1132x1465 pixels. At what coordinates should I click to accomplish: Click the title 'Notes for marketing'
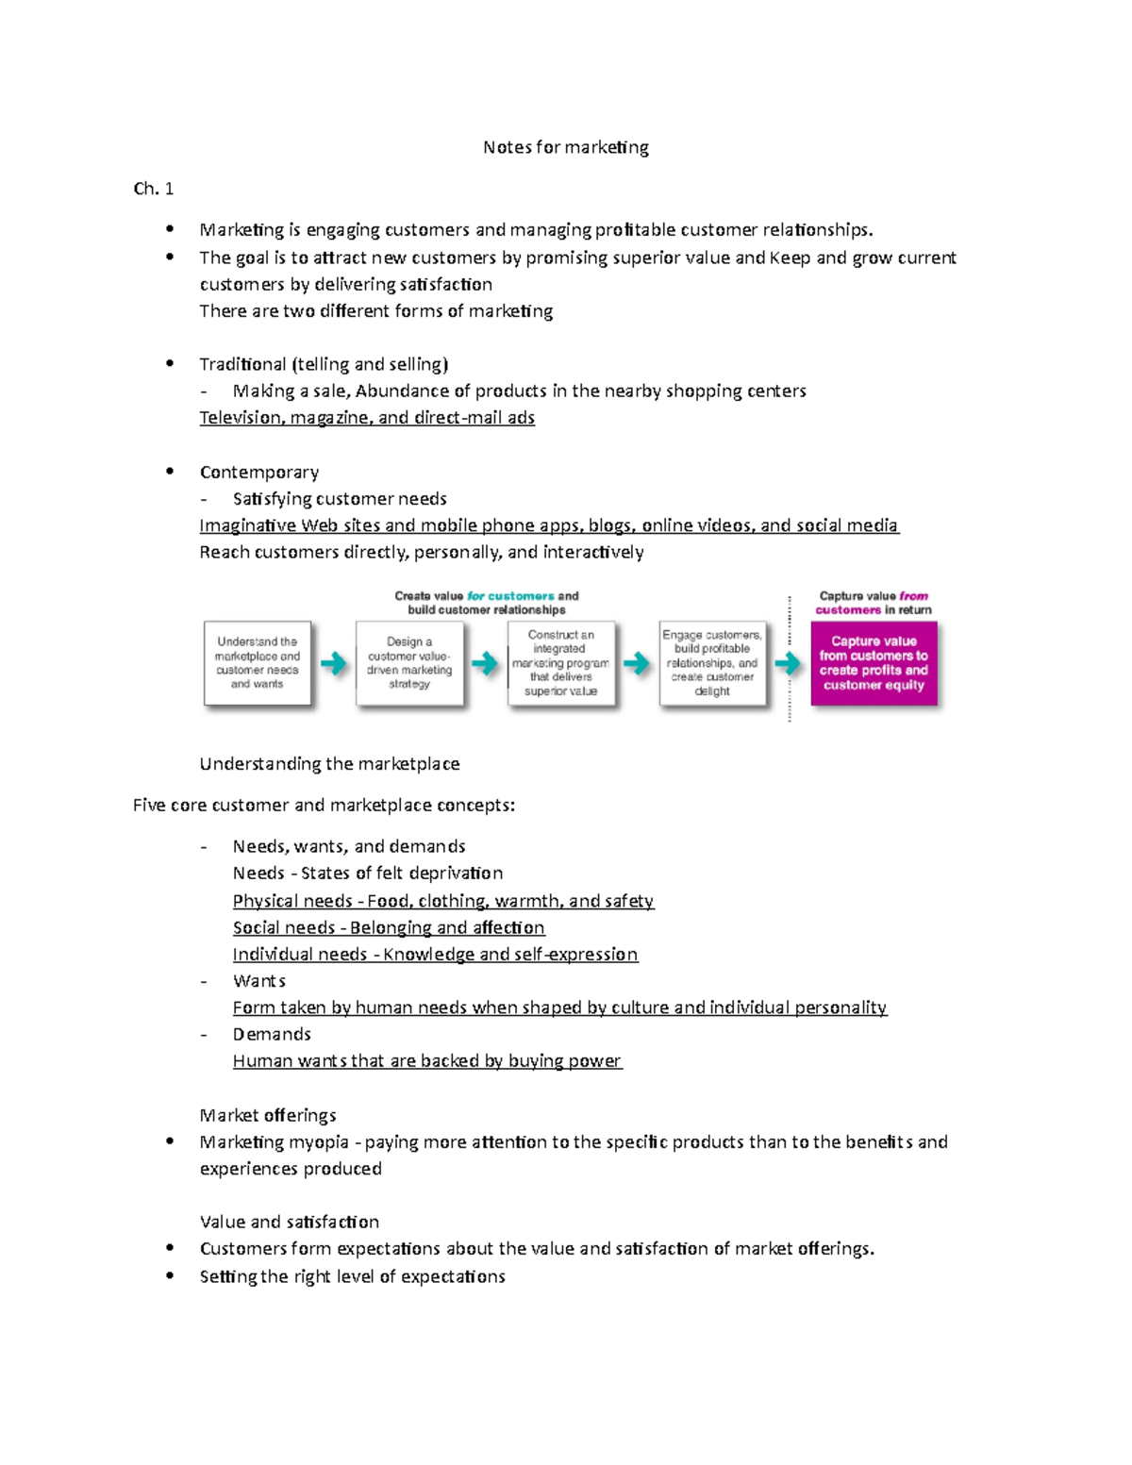[565, 147]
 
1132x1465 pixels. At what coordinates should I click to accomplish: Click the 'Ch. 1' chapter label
[153, 189]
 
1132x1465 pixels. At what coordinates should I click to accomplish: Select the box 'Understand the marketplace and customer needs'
[257, 663]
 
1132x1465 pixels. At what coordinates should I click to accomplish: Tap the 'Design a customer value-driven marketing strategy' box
[409, 663]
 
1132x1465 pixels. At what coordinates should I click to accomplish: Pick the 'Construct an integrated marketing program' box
[560, 663]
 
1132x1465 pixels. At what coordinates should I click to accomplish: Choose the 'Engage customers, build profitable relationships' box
[712, 663]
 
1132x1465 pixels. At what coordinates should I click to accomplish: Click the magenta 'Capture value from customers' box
[874, 663]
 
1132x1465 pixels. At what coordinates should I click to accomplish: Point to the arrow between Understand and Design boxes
[333, 664]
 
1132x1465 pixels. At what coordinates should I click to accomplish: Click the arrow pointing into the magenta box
[788, 664]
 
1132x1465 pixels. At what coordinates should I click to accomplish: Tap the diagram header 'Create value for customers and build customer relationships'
[487, 603]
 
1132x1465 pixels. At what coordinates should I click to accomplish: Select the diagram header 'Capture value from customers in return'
[874, 603]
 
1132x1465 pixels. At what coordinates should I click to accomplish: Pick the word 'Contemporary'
[258, 472]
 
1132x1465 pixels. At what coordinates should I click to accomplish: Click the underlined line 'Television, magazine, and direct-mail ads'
[367, 418]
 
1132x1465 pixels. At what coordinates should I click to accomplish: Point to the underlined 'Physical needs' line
[442, 901]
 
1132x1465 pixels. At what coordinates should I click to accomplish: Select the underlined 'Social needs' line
[388, 928]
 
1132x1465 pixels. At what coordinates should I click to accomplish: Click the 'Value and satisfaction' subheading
[289, 1223]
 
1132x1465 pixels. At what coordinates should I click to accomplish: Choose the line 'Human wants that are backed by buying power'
[426, 1061]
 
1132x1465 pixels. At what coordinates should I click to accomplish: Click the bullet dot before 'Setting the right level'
[170, 1275]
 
